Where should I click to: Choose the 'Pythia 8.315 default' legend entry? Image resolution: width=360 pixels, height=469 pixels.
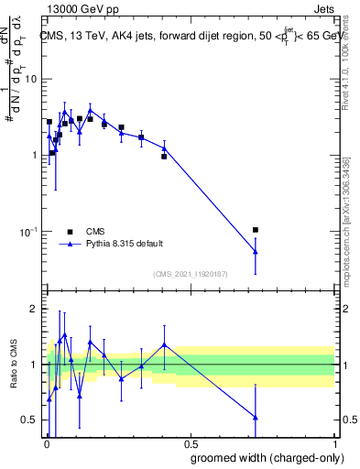click(x=125, y=244)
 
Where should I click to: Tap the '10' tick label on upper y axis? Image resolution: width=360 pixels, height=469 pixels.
click(x=30, y=79)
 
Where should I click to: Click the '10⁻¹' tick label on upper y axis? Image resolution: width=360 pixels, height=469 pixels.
click(x=28, y=232)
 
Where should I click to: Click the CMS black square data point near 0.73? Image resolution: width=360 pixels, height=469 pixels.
click(x=256, y=230)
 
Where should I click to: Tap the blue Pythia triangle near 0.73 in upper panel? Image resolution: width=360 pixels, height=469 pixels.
click(x=256, y=251)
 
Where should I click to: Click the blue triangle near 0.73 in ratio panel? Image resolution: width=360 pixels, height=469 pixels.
click(x=256, y=417)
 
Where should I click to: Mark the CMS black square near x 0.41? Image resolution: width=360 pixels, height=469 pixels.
click(x=164, y=157)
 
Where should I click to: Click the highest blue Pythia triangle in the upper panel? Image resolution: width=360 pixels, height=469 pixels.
click(x=90, y=109)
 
